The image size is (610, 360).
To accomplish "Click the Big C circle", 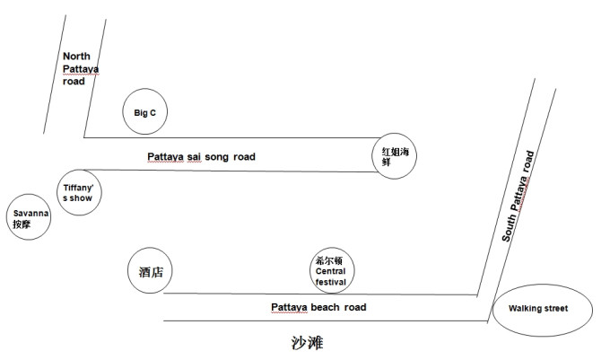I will point(145,113).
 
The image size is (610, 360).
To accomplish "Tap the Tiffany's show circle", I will point(77,192).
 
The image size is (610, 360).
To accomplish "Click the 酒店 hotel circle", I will point(151,271).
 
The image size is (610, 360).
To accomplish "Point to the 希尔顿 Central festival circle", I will point(330,270).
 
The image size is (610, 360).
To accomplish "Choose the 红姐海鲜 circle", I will point(396,156).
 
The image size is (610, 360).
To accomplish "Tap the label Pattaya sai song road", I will point(201,157).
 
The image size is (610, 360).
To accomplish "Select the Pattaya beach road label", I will point(318,307).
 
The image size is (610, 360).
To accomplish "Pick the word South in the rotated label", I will point(509,229).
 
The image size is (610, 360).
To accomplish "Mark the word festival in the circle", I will point(330,281).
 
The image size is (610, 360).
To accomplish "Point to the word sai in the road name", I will point(196,157).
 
